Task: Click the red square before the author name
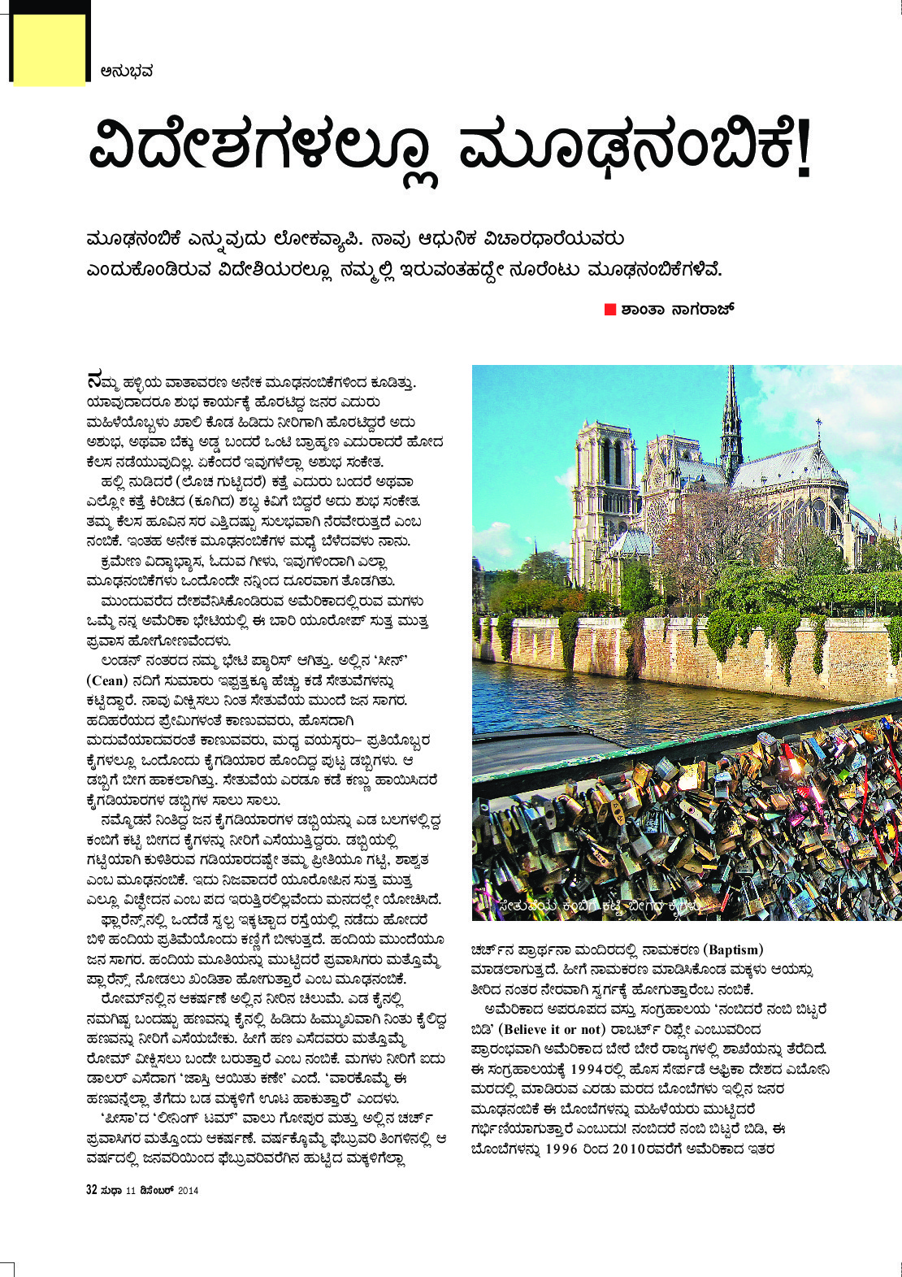coord(610,310)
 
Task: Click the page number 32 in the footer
coord(92,1190)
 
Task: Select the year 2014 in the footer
coord(188,1191)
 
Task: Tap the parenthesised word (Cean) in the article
coord(107,680)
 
